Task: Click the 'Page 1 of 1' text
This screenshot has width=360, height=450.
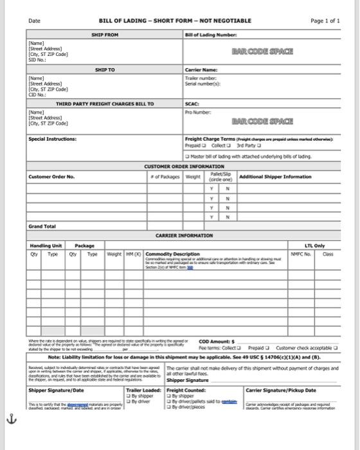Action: pyautogui.click(x=325, y=21)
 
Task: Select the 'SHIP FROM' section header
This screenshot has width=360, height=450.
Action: pyautogui.click(x=105, y=34)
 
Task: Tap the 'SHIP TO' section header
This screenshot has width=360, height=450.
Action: pyautogui.click(x=105, y=69)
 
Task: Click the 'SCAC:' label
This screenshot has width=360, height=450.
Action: pyautogui.click(x=192, y=104)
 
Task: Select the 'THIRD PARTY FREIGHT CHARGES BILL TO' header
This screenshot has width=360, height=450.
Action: pyautogui.click(x=105, y=104)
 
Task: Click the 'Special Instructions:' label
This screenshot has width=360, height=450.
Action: pyautogui.click(x=52, y=139)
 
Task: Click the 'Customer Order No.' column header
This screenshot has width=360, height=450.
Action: pyautogui.click(x=52, y=177)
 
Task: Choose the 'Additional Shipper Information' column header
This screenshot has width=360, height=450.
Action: pyautogui.click(x=274, y=176)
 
